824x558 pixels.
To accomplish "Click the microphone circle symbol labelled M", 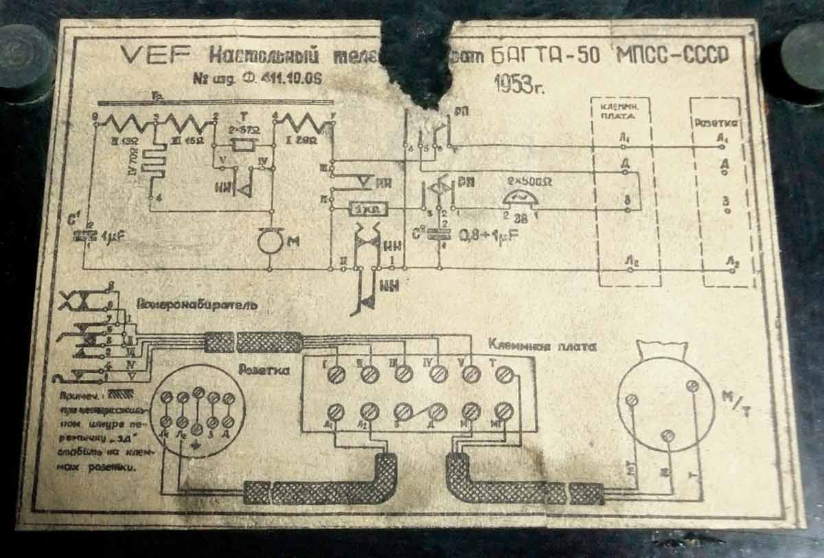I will tap(270, 242).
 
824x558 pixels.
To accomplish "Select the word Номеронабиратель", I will tap(198, 304).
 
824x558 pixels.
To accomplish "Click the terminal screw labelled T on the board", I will tap(505, 374).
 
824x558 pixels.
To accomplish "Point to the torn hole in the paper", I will tap(419, 58).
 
